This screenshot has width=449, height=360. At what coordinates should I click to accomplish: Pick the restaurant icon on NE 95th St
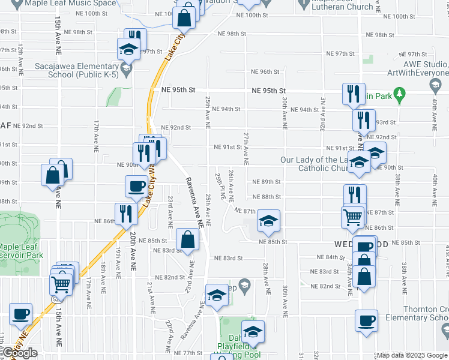point(352,94)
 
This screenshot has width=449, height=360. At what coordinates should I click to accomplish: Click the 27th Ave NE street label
point(246,149)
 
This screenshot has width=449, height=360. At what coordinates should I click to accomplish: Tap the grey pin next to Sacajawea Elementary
point(125,70)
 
